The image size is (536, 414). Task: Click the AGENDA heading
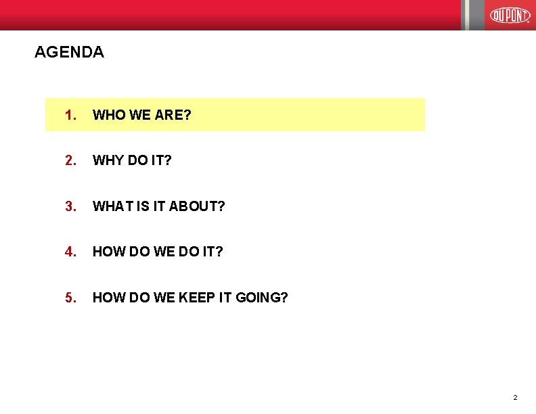(x=69, y=52)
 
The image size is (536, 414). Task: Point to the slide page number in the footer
(x=515, y=397)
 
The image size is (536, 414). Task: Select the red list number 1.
(x=70, y=115)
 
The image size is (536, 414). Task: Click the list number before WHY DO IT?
(x=70, y=160)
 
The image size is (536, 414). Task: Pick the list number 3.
(x=70, y=206)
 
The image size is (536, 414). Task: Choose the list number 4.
(x=70, y=252)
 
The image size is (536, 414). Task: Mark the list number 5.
(x=70, y=297)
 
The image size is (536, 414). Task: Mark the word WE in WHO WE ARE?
(x=140, y=115)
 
